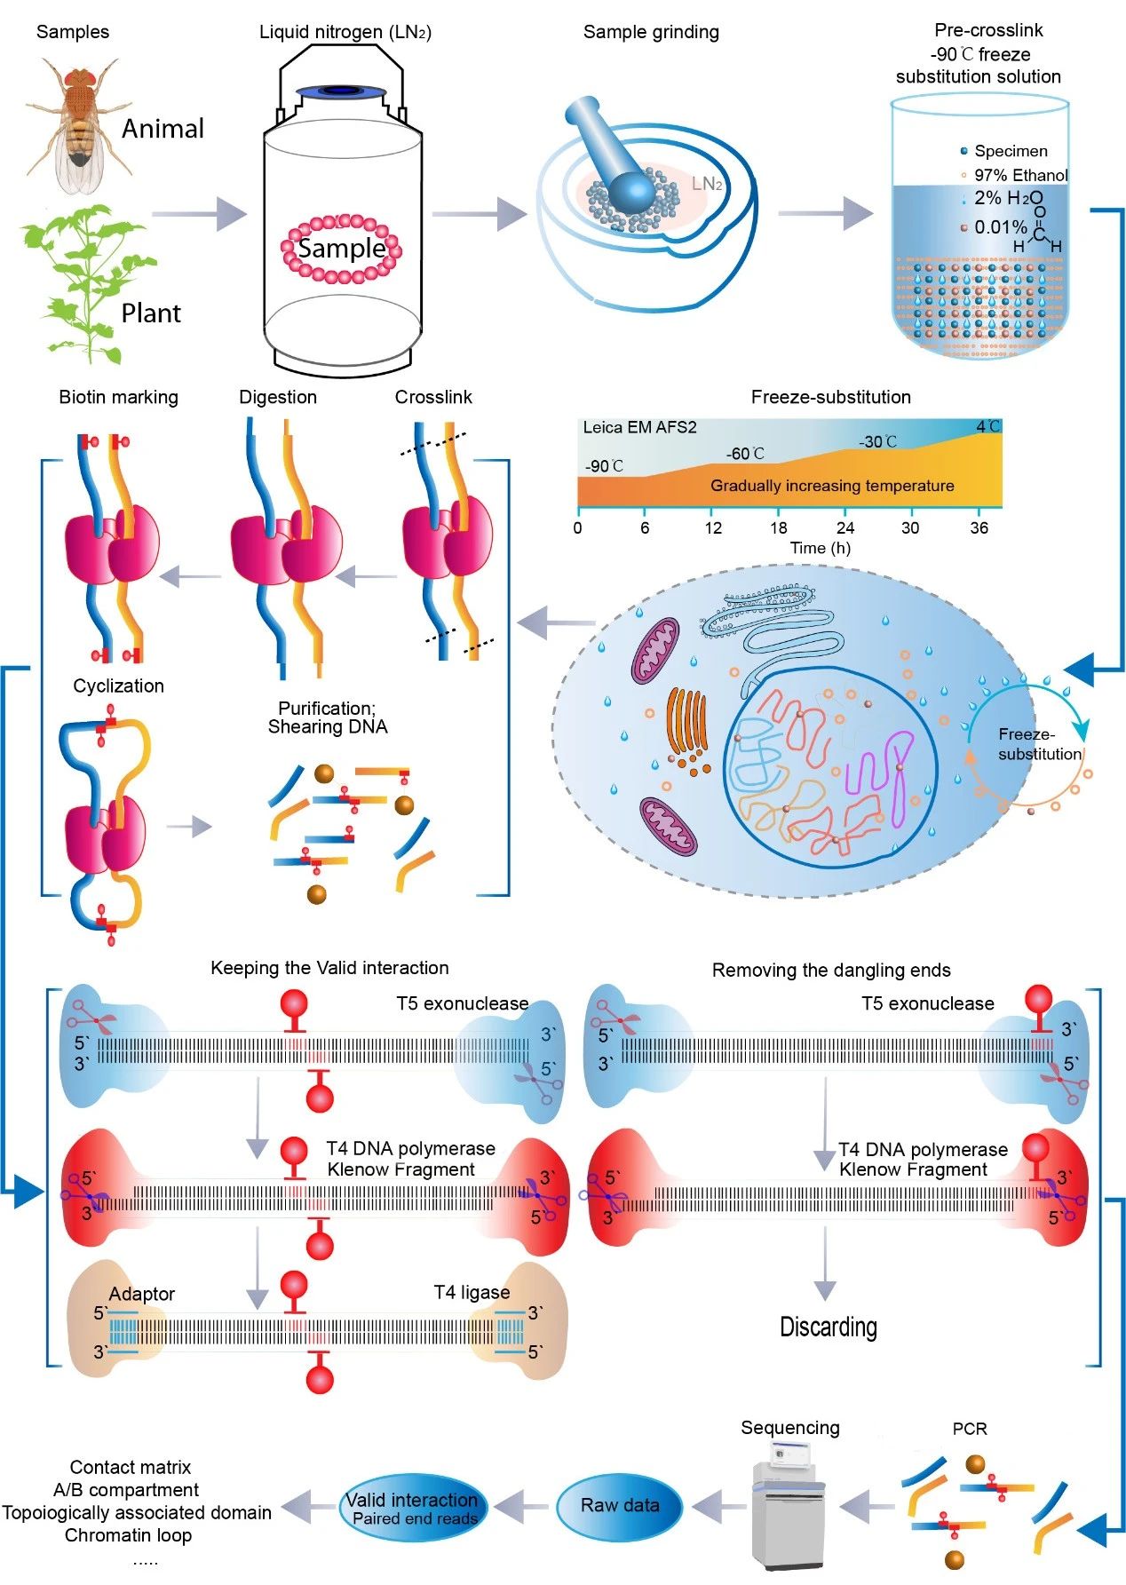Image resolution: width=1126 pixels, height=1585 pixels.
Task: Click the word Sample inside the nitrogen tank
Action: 342,248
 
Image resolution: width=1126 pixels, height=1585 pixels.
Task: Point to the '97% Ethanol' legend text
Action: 1020,175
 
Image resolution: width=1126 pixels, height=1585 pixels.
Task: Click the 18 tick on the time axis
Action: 779,527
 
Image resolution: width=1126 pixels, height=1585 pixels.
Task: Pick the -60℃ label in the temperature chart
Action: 745,454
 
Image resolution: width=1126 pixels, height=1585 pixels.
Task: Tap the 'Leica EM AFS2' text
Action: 639,427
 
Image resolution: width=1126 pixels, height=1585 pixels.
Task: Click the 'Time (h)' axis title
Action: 821,548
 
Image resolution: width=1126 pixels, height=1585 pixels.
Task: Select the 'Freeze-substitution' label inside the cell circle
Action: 1039,744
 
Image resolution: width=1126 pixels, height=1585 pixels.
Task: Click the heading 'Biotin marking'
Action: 118,397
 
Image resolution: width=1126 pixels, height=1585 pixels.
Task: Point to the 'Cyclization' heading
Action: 118,686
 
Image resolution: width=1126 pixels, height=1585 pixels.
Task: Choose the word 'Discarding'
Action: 828,1327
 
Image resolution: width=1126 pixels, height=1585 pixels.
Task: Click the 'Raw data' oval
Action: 620,1505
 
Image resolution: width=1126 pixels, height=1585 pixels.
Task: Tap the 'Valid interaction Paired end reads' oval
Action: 412,1508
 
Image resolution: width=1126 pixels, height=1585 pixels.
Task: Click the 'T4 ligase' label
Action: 472,1292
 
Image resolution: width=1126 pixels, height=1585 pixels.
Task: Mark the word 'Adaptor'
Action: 142,1294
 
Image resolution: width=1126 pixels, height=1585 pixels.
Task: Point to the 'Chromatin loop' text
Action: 128,1534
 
